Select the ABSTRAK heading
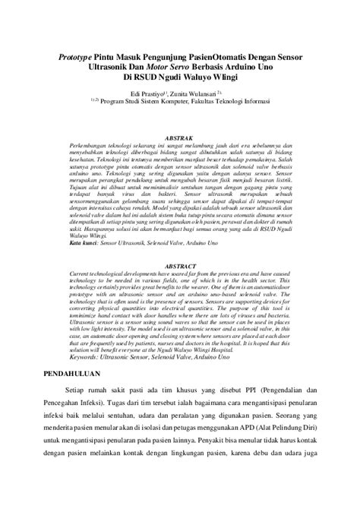pyautogui.click(x=180, y=130)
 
